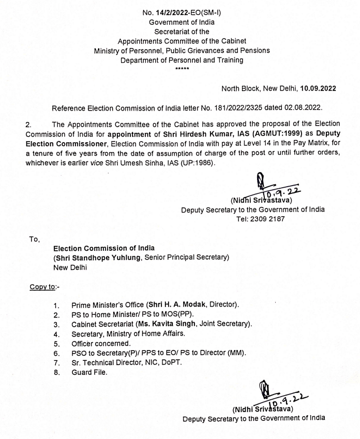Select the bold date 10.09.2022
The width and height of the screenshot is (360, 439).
[x=318, y=88]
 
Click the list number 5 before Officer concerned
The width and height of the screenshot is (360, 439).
[x=56, y=343]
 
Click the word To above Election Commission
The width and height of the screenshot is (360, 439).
[x=34, y=239]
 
